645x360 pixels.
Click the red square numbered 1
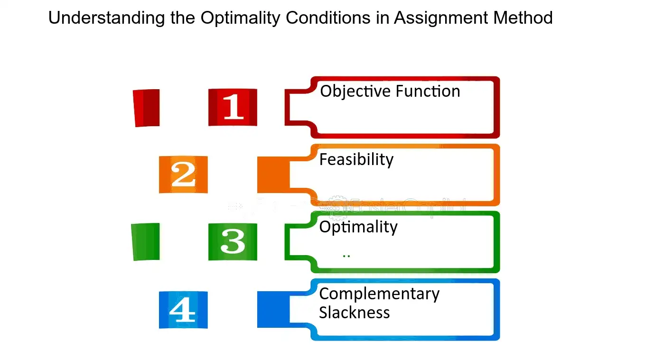pyautogui.click(x=233, y=107)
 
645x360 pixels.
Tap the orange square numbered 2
pyautogui.click(x=183, y=175)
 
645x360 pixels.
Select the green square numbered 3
pyautogui.click(x=233, y=242)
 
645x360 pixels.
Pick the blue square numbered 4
pyautogui.click(x=183, y=310)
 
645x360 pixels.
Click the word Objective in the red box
pyautogui.click(x=355, y=92)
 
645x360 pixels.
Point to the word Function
pyautogui.click(x=428, y=91)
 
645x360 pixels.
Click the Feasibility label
pyautogui.click(x=356, y=159)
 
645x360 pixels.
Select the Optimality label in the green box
pyautogui.click(x=358, y=227)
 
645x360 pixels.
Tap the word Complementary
pyautogui.click(x=379, y=295)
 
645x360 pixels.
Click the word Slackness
pyautogui.click(x=355, y=313)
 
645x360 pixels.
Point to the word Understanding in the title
pyautogui.click(x=106, y=18)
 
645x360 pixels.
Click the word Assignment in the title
pyautogui.click(x=441, y=18)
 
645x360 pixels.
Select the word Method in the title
pyautogui.click(x=523, y=18)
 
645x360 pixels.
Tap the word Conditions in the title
pyautogui.click(x=328, y=18)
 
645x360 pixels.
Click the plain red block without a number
pyautogui.click(x=146, y=108)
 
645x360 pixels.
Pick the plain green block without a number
pyautogui.click(x=145, y=242)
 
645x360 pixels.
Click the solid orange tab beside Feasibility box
pyautogui.click(x=273, y=175)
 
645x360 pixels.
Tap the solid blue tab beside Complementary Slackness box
pyautogui.click(x=273, y=309)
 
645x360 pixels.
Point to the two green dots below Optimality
pyautogui.click(x=346, y=256)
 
